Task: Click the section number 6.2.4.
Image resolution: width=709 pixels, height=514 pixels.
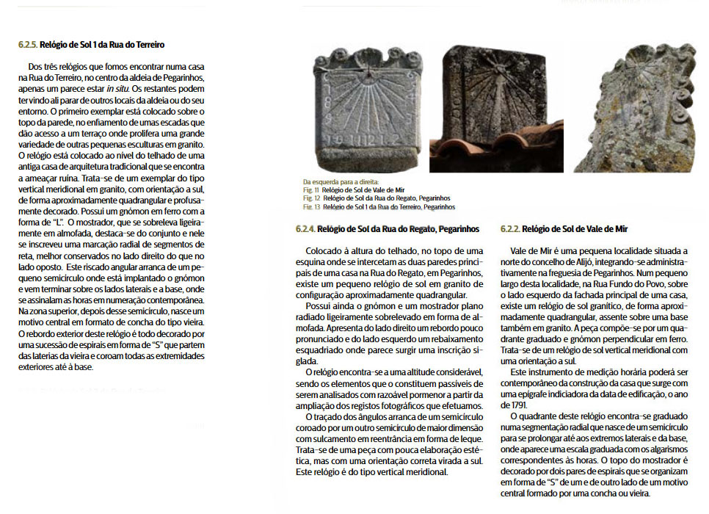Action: pos(305,229)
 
